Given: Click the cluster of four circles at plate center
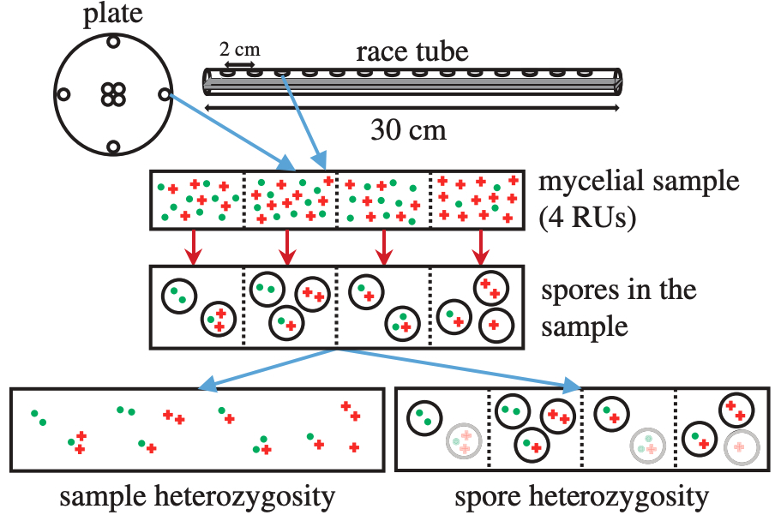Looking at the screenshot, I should tap(111, 94).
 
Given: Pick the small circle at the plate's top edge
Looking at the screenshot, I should tap(111, 39).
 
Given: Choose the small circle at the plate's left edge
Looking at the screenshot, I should tap(62, 93).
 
